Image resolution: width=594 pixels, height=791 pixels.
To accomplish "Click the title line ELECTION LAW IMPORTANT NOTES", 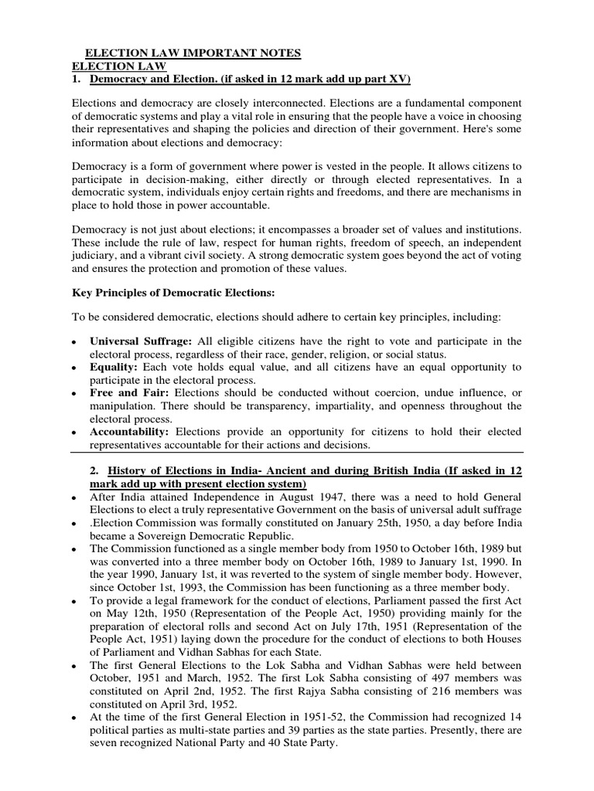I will [187, 53].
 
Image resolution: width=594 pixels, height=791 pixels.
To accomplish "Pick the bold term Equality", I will [116, 366].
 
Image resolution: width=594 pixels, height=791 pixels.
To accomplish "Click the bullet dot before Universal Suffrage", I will [73, 342].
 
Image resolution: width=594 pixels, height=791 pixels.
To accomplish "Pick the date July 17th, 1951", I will [425, 626].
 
